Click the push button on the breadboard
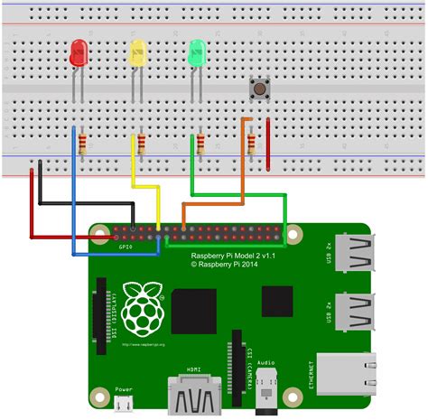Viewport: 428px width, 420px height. point(260,88)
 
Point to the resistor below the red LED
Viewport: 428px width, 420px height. point(82,142)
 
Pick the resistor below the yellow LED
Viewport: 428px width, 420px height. point(141,142)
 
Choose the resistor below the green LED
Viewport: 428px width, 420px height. point(200,142)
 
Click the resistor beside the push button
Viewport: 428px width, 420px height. point(252,142)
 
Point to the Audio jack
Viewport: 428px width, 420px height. point(265,393)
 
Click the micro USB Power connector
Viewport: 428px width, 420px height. point(124,401)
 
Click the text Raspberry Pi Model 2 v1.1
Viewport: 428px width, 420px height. point(234,257)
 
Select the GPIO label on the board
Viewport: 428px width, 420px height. point(126,246)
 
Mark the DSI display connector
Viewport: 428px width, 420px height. point(100,316)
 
